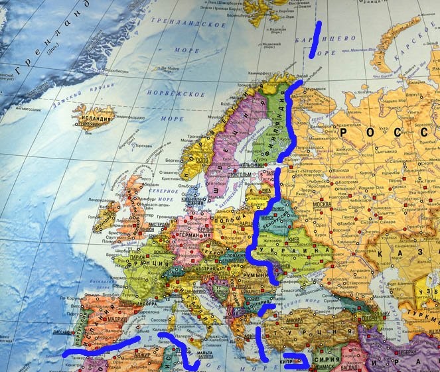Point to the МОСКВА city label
(322, 204)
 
